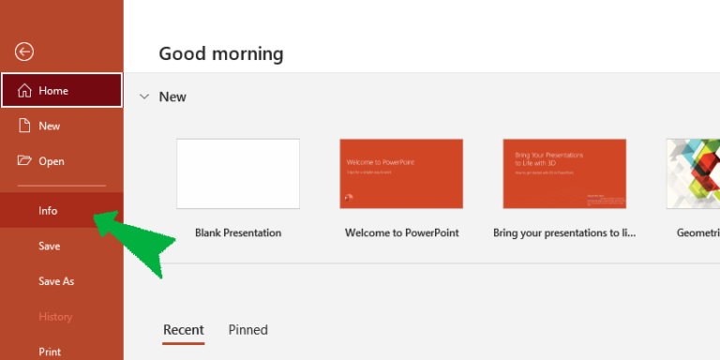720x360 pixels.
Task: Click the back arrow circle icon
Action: pos(24,52)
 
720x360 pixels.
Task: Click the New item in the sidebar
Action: pos(49,126)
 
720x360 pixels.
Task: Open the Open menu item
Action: pos(51,161)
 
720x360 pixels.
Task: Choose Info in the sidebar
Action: pos(48,211)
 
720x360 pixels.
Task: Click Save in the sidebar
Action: pos(49,247)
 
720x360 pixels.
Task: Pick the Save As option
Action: pos(56,281)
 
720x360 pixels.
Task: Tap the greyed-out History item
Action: pos(55,317)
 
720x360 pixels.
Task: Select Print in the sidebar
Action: pos(50,352)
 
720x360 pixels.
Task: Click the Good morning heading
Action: pos(221,53)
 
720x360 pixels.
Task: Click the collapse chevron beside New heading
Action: pos(144,97)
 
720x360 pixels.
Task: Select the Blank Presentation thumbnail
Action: pos(238,173)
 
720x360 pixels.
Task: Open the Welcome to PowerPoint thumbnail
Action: pos(401,173)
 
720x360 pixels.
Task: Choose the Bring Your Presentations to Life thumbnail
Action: pos(564,173)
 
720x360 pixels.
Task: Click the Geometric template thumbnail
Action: pos(693,173)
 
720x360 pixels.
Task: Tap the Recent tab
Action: pos(184,330)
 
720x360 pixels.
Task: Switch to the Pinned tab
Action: pos(248,330)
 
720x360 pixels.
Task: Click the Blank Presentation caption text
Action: pos(238,232)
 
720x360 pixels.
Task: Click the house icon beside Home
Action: pos(25,91)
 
